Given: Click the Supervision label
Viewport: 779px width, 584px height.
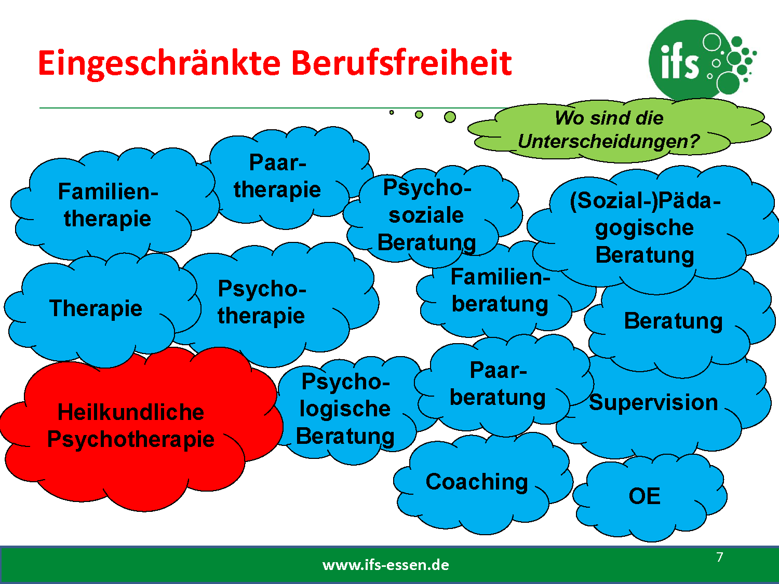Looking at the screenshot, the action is (x=653, y=402).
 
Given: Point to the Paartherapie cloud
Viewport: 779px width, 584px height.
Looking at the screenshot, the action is (x=284, y=178).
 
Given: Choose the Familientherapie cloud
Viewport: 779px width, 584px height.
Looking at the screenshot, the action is (x=110, y=206).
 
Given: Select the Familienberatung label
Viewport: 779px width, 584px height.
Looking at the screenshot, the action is (x=500, y=290).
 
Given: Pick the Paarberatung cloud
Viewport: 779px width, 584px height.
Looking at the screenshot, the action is (x=501, y=385).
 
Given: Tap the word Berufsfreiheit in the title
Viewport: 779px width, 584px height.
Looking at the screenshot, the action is (x=401, y=63).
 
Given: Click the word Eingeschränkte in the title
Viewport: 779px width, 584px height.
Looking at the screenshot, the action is (x=159, y=64).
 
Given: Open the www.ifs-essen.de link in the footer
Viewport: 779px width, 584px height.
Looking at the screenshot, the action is (x=386, y=565).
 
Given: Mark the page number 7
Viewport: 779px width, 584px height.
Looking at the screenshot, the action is (x=720, y=557).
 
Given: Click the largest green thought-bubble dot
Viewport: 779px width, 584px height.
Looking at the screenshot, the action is (x=450, y=117).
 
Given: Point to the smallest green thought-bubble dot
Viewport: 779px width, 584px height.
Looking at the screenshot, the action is (x=392, y=113).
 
